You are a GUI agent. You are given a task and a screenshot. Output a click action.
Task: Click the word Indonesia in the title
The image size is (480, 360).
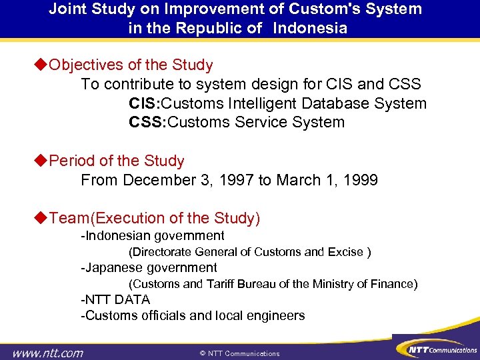312,28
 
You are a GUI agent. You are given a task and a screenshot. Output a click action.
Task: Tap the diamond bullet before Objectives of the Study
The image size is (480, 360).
41,65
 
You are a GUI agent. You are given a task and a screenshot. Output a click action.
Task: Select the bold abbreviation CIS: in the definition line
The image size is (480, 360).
145,103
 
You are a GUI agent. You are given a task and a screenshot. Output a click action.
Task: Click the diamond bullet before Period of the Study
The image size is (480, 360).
41,161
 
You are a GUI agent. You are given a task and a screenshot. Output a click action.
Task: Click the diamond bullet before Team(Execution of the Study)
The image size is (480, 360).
41,219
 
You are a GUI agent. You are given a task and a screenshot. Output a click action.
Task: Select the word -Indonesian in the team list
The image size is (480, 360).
116,235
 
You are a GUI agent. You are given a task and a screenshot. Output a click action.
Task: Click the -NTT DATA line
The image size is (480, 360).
115,300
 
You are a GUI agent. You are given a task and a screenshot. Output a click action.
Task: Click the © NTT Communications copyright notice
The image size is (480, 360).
240,353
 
